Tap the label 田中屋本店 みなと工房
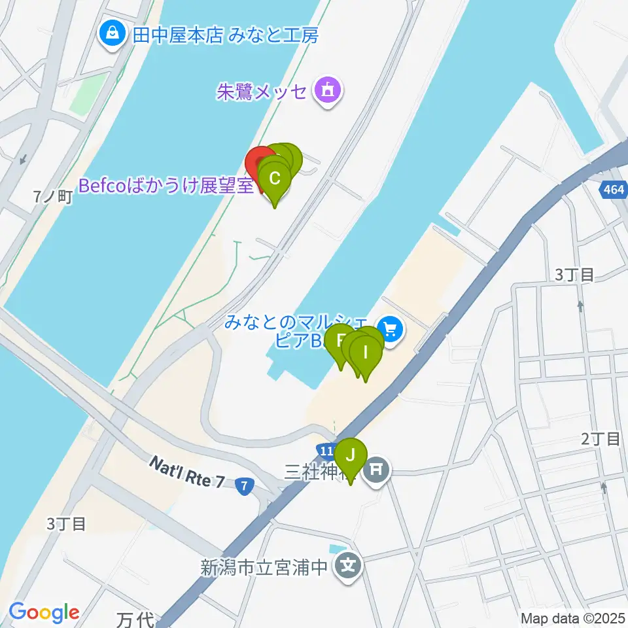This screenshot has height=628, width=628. [x=226, y=35]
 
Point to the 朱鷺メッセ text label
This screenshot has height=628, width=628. [x=262, y=91]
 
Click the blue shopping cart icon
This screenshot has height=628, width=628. [x=391, y=328]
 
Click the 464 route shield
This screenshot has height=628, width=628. [x=613, y=190]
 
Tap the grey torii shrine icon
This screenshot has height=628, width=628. [x=375, y=469]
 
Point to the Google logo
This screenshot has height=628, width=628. [x=44, y=612]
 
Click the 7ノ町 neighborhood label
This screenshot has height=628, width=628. [x=52, y=196]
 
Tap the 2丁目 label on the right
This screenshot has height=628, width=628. [x=601, y=439]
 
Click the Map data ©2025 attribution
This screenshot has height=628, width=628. [x=572, y=618]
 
